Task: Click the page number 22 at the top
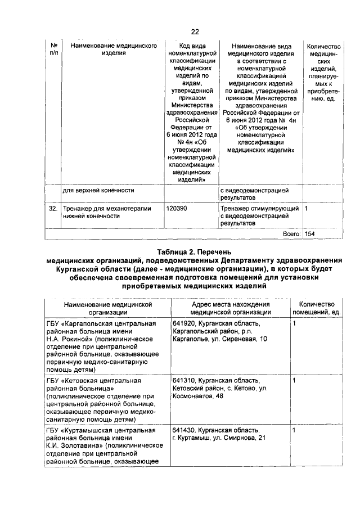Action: pos(195,31)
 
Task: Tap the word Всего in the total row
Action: pos(291,233)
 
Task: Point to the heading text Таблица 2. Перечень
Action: pos(195,252)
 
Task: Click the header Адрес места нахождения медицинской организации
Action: pos(227,308)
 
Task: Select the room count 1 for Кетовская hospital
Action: pos(294,381)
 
